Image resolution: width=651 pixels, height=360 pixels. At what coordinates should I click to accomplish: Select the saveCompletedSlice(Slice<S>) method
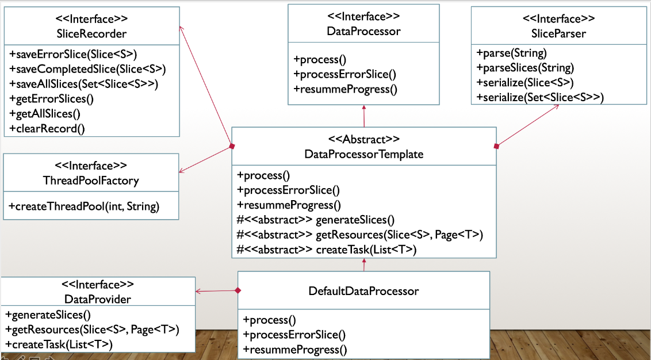click(87, 69)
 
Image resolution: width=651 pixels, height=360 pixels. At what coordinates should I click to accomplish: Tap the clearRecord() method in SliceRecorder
click(47, 128)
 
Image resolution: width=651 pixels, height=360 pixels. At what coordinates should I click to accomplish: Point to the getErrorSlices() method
click(51, 98)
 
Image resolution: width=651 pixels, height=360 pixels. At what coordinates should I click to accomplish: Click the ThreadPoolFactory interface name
click(91, 181)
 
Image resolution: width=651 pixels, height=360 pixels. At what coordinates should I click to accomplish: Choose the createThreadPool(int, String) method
click(84, 206)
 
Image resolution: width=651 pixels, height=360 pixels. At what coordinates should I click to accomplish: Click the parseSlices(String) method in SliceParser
click(525, 68)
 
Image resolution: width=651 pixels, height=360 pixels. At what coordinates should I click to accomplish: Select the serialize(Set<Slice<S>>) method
click(540, 98)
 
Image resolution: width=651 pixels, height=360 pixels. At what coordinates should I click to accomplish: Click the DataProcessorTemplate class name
click(363, 154)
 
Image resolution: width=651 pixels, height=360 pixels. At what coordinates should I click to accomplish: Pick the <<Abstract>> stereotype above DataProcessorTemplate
click(363, 139)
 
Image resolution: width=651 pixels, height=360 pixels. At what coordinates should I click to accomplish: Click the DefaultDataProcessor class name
click(363, 291)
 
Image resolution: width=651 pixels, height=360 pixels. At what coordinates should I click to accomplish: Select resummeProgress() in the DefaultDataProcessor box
click(295, 349)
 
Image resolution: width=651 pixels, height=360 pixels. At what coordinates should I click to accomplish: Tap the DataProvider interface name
click(98, 299)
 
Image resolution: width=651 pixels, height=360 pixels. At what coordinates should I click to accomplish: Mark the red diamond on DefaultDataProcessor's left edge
click(238, 290)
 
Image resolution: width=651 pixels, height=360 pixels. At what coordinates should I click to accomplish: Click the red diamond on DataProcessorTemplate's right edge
click(496, 146)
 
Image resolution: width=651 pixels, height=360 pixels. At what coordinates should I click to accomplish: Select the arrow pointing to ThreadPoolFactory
click(182, 171)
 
